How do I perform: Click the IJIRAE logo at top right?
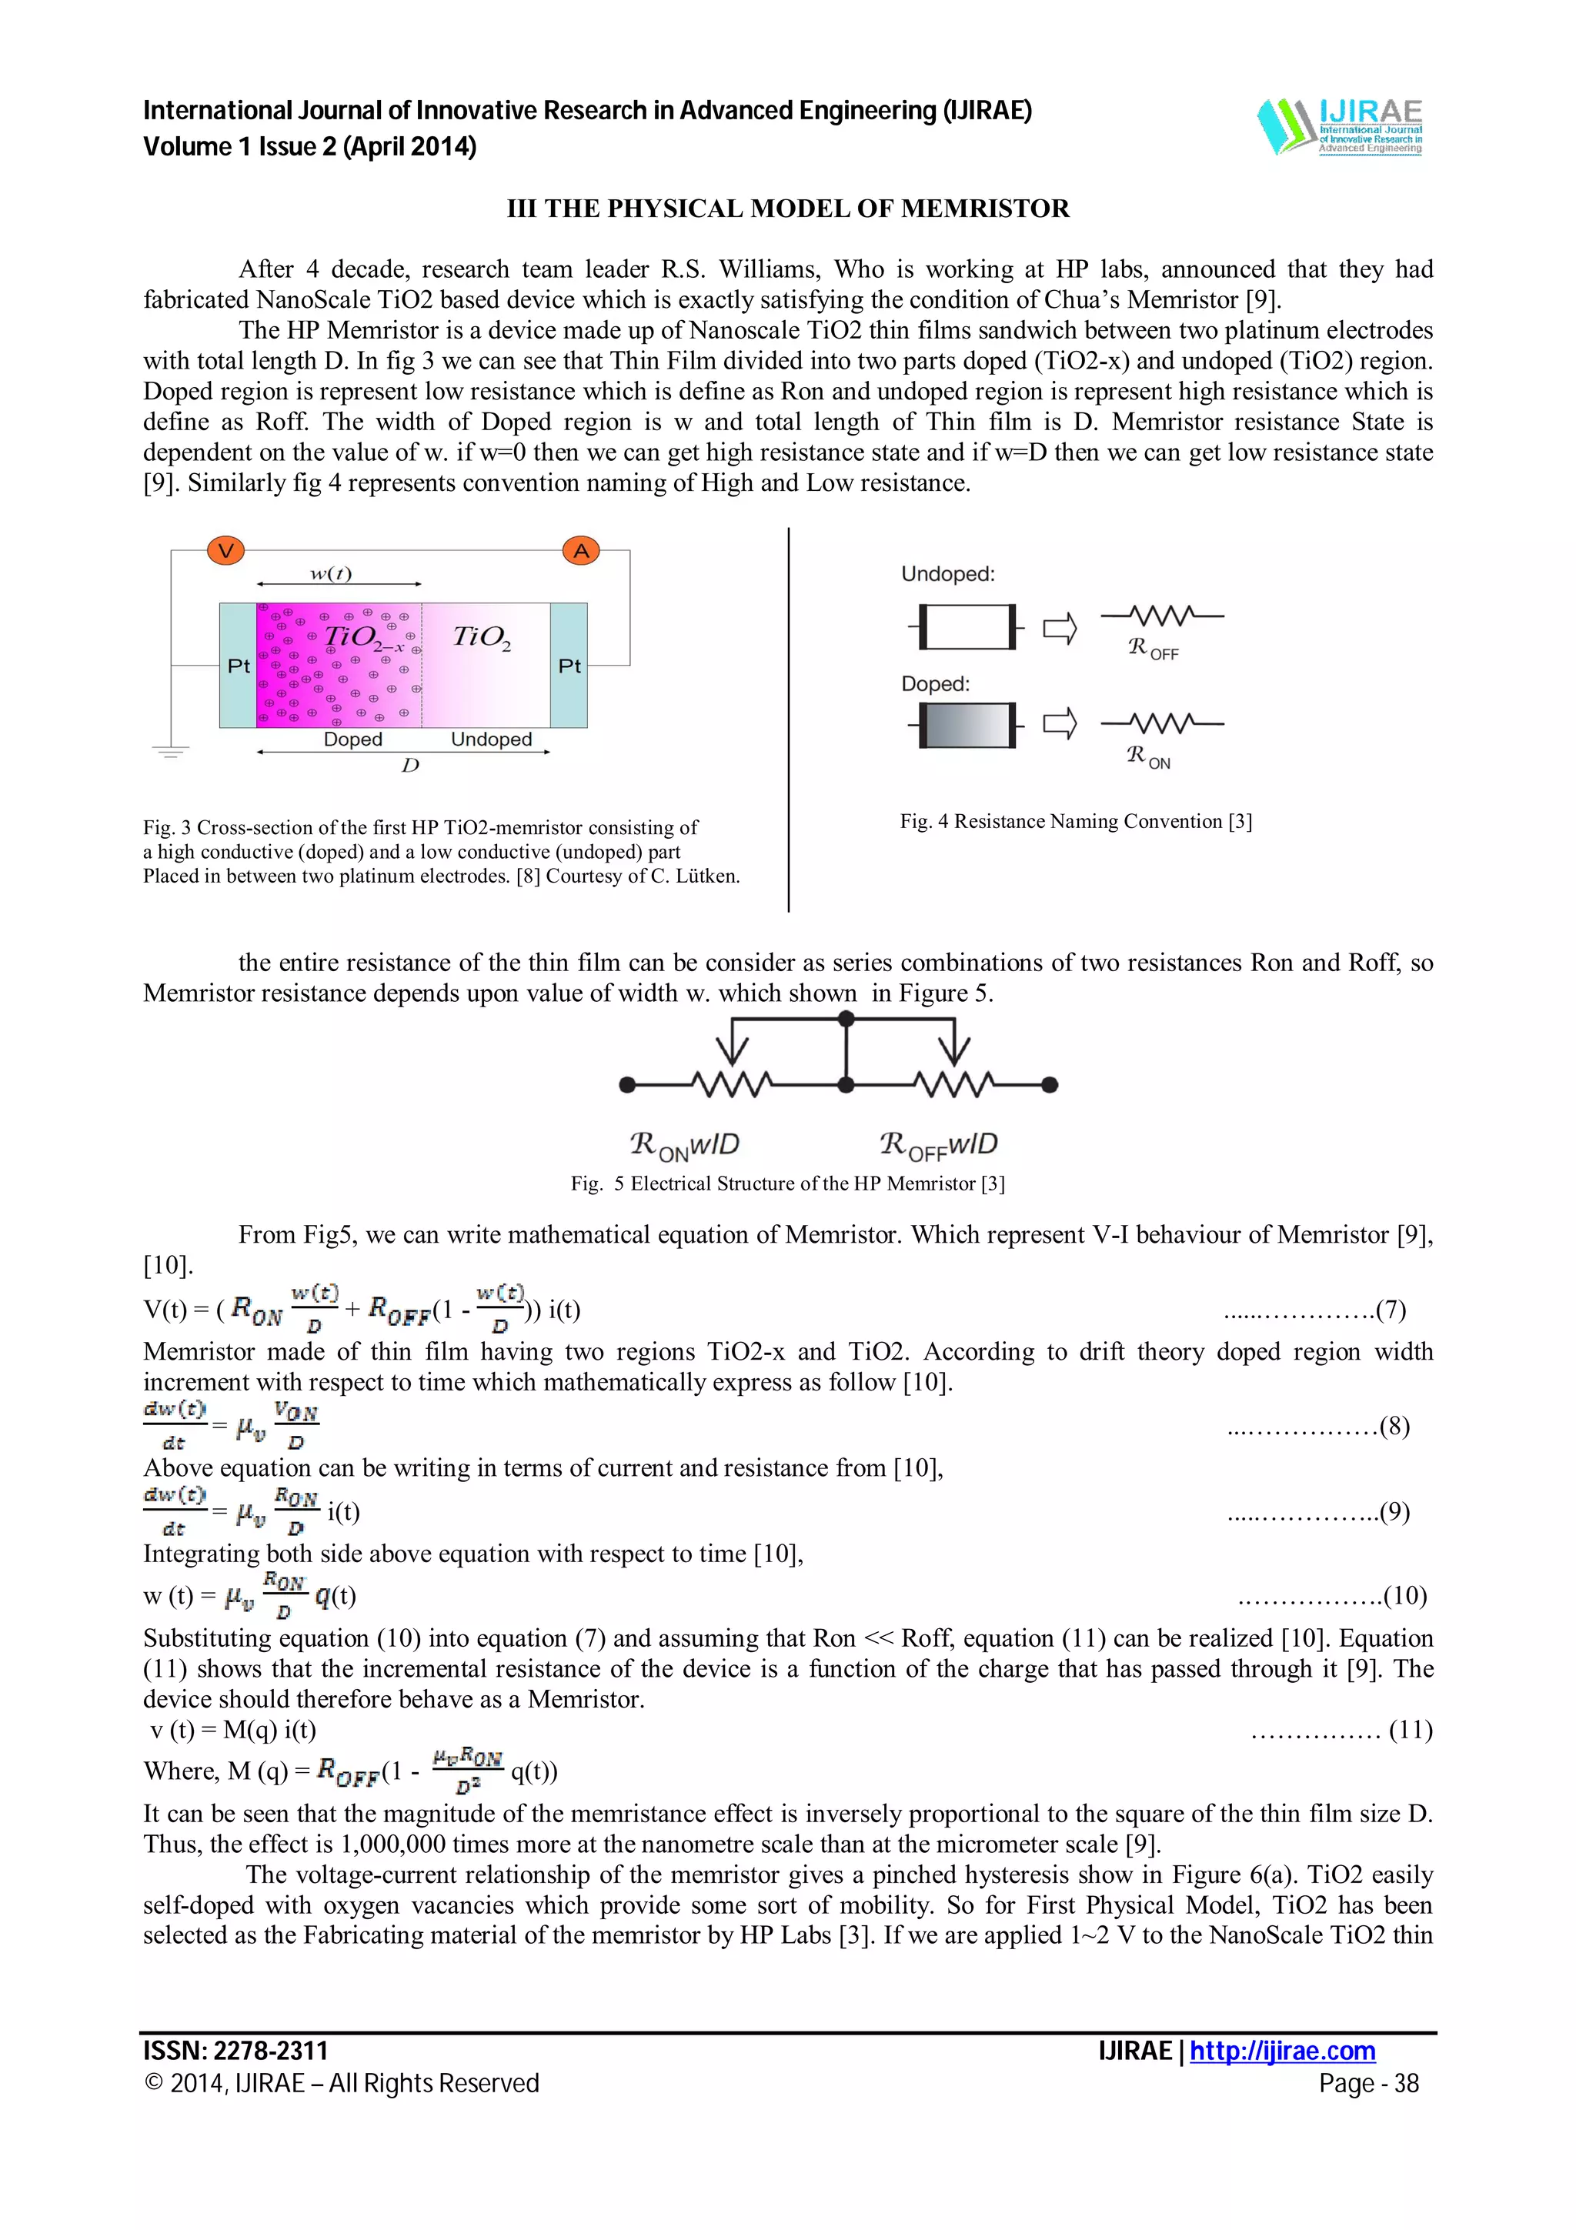point(1340,126)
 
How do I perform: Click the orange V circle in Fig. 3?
point(225,551)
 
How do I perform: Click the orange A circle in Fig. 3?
point(581,551)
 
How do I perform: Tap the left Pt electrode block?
point(238,666)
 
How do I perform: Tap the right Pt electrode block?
point(569,666)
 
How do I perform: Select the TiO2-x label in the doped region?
point(364,637)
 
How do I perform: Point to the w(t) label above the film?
point(331,573)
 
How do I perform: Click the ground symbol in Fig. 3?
point(171,749)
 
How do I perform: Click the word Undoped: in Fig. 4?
point(948,574)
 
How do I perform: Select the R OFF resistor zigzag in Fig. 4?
point(1161,616)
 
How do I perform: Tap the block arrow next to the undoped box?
point(1060,629)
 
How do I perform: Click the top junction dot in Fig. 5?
point(846,1018)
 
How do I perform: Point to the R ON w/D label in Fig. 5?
point(685,1145)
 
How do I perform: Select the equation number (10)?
point(1404,1595)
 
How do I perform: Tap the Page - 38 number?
point(1368,2083)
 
